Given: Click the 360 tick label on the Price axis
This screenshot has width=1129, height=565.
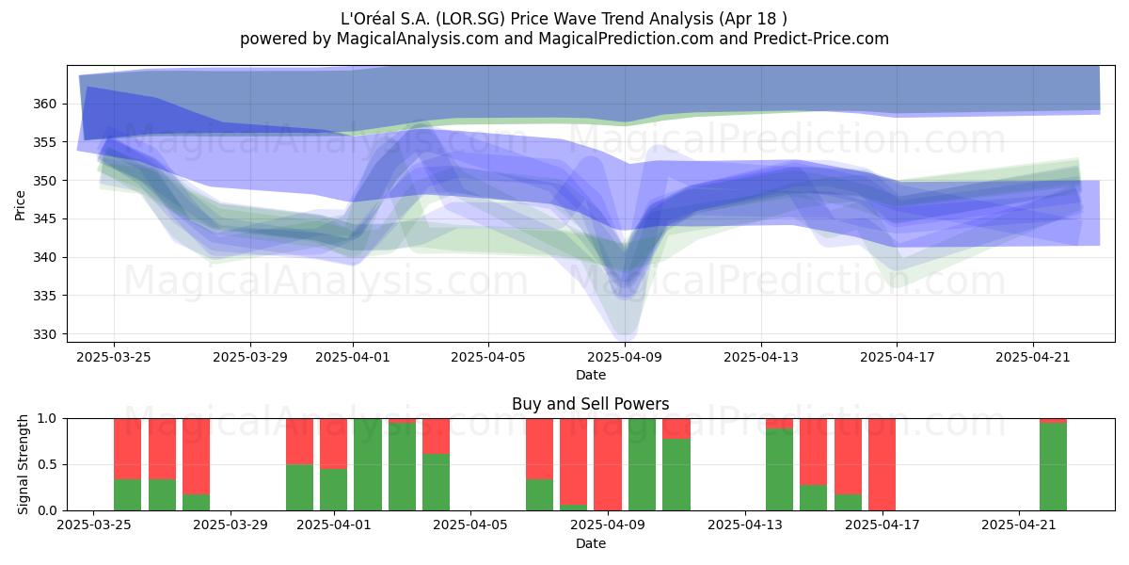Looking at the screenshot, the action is coord(44,104).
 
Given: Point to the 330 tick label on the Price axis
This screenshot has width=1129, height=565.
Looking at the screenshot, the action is coord(44,334).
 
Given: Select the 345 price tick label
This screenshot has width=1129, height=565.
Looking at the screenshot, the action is coord(44,218).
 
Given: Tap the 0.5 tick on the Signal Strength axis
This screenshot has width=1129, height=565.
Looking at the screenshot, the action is coord(47,464).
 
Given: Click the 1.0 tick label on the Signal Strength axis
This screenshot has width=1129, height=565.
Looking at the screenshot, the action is coord(47,419).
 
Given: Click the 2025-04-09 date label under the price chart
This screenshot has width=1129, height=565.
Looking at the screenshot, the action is coord(625,357).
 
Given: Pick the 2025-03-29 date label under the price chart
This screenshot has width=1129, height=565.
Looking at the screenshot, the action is coord(250,357).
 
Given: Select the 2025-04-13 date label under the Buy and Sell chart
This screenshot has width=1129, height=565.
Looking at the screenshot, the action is coord(745,525).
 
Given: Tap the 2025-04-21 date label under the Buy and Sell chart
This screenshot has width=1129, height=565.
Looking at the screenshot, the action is coord(1019,525).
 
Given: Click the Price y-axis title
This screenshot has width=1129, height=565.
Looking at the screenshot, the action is coord(20,205).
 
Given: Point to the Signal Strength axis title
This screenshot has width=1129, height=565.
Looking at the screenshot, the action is coord(23,464).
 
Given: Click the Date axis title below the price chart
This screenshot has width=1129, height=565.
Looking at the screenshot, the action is coord(591,375).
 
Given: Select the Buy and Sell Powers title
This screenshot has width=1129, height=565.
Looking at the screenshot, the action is coord(591,404).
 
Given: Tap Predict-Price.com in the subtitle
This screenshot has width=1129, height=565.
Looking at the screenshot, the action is coord(821,39).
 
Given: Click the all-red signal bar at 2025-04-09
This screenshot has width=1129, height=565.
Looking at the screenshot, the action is coord(608,464).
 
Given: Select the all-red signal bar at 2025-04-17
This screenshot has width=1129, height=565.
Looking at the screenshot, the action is coord(883,464).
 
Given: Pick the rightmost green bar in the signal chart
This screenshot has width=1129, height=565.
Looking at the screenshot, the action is coord(1054,467).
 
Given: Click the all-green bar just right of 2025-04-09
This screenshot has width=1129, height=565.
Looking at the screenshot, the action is coord(642,464).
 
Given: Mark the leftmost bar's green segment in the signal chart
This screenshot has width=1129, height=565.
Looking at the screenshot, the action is coord(128,495).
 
